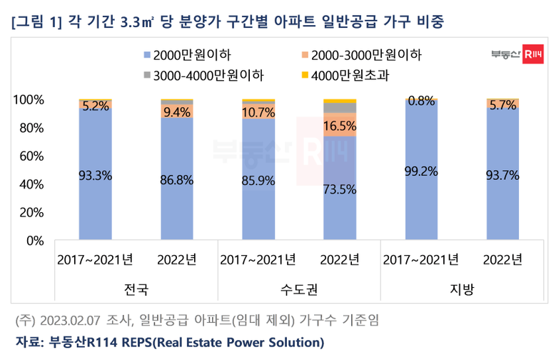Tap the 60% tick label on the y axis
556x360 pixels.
click(31, 156)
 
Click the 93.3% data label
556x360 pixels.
click(95, 179)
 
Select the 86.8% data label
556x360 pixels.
click(177, 179)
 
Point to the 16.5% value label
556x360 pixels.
click(340, 125)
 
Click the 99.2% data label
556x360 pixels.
click(421, 172)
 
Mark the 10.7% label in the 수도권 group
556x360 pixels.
click(258, 112)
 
